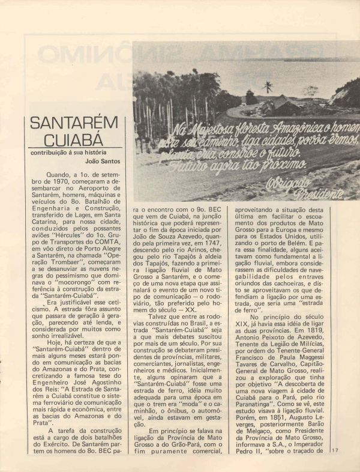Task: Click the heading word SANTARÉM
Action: (x=74, y=124)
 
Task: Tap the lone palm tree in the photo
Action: (x=268, y=87)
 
